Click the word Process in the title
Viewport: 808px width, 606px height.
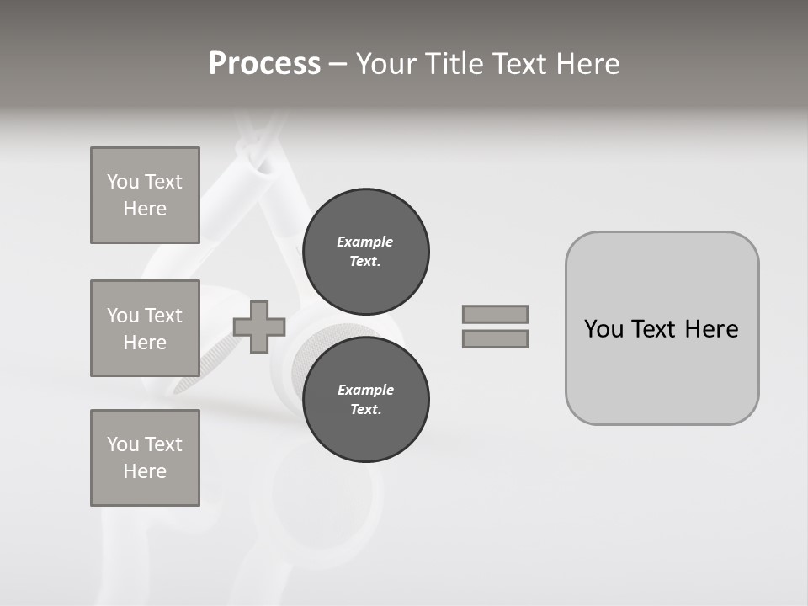pyautogui.click(x=264, y=64)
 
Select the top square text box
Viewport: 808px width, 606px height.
pyautogui.click(x=145, y=195)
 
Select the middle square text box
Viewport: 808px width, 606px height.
pyautogui.click(x=145, y=328)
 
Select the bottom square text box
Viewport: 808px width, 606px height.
pyautogui.click(x=145, y=458)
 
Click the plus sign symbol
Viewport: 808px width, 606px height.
pyautogui.click(x=259, y=327)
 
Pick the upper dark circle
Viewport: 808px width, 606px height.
pyautogui.click(x=365, y=252)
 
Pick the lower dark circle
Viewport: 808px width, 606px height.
pyautogui.click(x=365, y=400)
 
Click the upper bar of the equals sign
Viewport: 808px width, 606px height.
pyautogui.click(x=495, y=314)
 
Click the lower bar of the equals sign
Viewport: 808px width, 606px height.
pyautogui.click(x=495, y=339)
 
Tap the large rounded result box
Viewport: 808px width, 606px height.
pyautogui.click(x=662, y=370)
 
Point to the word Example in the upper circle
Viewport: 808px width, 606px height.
pyautogui.click(x=364, y=242)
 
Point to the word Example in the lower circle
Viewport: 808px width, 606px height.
pyautogui.click(x=365, y=390)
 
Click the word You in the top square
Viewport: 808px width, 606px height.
pyautogui.click(x=123, y=182)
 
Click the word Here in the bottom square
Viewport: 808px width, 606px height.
pyautogui.click(x=145, y=471)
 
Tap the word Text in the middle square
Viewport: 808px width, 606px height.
pyautogui.click(x=162, y=316)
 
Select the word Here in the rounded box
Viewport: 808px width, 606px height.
pyautogui.click(x=711, y=329)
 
